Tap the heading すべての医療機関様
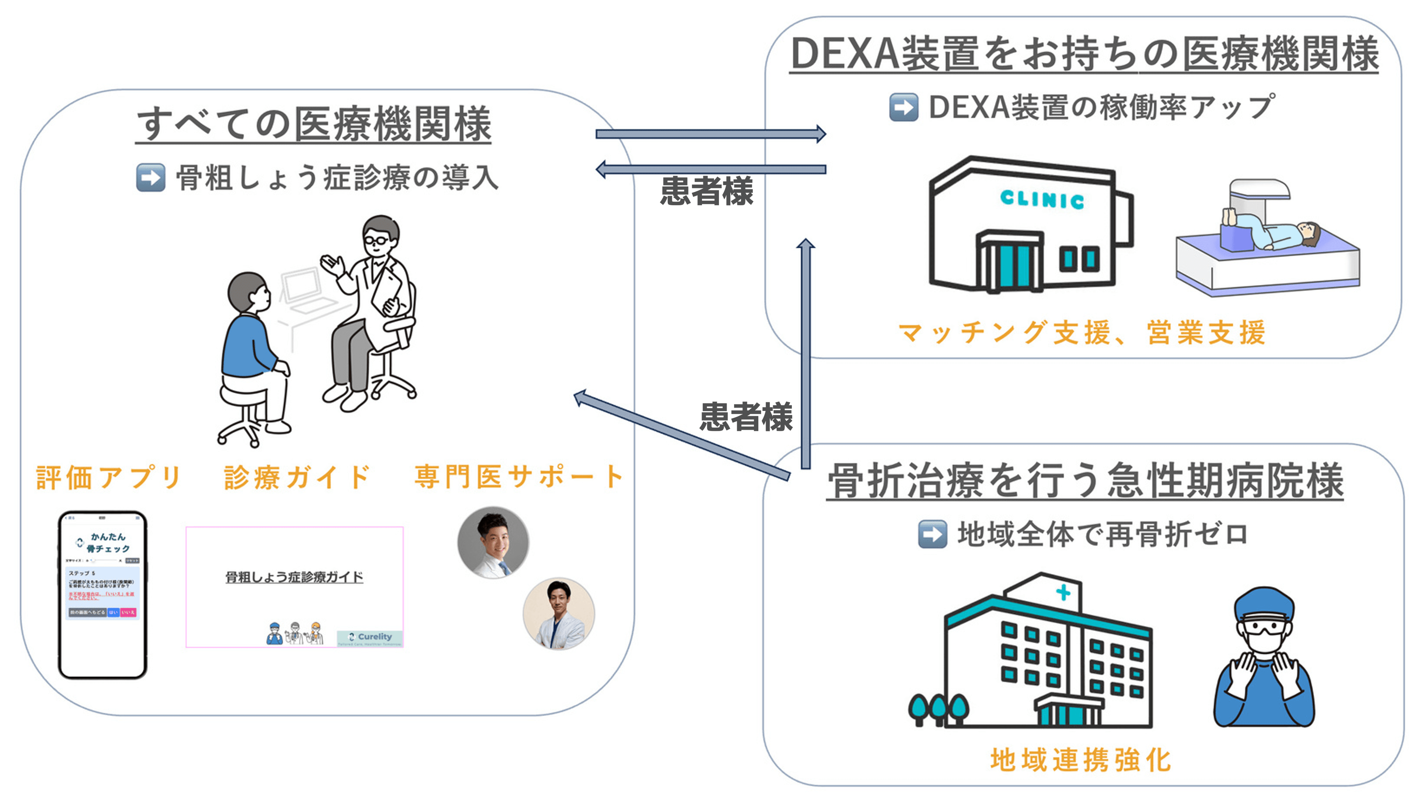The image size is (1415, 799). click(x=314, y=123)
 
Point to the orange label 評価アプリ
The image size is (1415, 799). click(x=108, y=477)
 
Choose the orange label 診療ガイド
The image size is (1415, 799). click(x=297, y=477)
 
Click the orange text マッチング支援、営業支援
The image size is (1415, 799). click(x=1082, y=332)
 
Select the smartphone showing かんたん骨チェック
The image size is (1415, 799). click(x=103, y=595)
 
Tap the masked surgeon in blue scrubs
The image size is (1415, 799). click(x=1264, y=659)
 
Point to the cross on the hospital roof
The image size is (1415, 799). click(x=1063, y=592)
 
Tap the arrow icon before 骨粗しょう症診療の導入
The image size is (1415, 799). click(x=150, y=178)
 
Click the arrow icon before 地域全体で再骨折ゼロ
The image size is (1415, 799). click(x=933, y=534)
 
